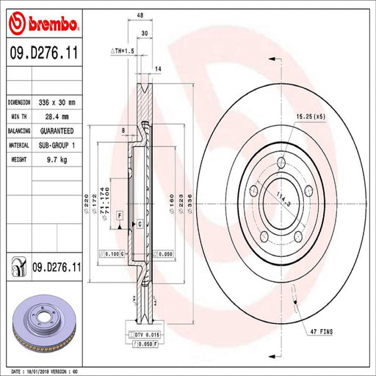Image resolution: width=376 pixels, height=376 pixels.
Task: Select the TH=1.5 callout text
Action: [121, 51]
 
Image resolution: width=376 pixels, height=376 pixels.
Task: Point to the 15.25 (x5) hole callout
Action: [310, 116]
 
